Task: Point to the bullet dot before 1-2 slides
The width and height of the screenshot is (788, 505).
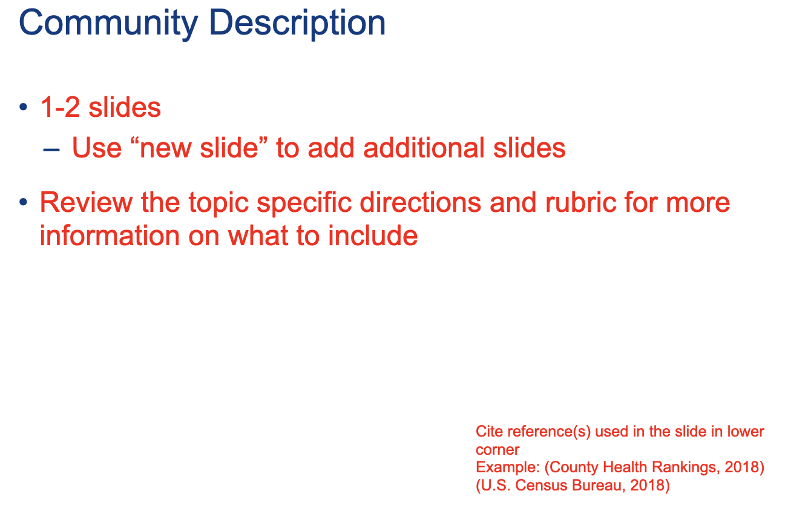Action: click(23, 107)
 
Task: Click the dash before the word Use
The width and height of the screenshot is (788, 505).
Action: click(51, 150)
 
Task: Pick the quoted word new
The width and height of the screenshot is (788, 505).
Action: click(164, 148)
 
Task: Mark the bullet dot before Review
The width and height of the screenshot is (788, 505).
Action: click(23, 202)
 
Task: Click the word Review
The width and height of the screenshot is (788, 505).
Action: click(87, 202)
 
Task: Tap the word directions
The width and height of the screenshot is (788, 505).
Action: click(421, 202)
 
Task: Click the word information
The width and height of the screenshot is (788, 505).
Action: click(110, 235)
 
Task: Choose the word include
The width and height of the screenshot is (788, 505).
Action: click(373, 235)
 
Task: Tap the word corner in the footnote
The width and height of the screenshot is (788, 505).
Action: click(497, 450)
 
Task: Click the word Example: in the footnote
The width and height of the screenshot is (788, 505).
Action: click(508, 467)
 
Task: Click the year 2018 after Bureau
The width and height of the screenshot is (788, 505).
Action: click(646, 486)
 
